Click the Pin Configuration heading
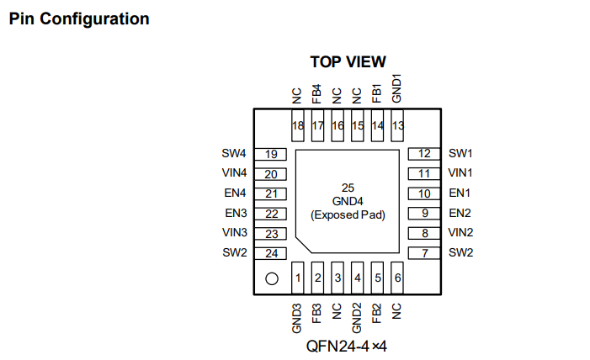coord(79,19)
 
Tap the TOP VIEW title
coord(348,61)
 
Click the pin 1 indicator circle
coord(272,278)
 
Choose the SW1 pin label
coord(460,154)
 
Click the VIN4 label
coord(234,173)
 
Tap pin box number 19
coord(271,154)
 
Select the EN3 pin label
coord(235,213)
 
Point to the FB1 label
coord(377,93)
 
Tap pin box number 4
coord(358,277)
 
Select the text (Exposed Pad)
coord(348,214)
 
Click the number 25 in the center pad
coord(348,187)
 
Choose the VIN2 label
coord(460,232)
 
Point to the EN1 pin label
coord(460,193)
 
